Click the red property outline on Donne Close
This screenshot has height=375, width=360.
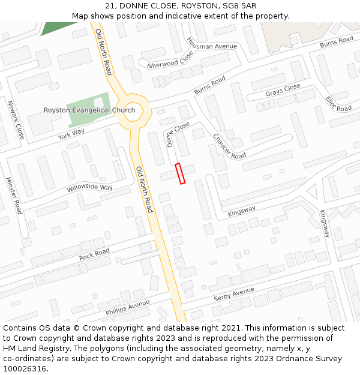click(x=180, y=173)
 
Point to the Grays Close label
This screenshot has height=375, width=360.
click(x=283, y=91)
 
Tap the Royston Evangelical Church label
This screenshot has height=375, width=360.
click(x=89, y=110)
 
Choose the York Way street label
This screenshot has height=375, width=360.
click(x=71, y=133)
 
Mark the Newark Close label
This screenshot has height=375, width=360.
click(x=16, y=120)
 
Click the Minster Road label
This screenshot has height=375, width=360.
click(x=14, y=196)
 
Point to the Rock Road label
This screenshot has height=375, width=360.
click(x=94, y=254)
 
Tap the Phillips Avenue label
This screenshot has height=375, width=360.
click(x=127, y=308)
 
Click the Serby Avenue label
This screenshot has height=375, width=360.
click(x=235, y=295)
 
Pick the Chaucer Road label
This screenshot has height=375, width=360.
click(x=229, y=146)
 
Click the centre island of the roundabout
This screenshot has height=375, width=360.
click(x=132, y=111)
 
